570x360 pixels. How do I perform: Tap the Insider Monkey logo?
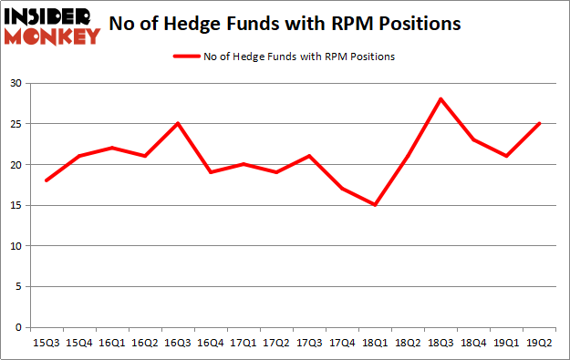(52, 26)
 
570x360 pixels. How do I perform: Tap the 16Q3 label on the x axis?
(177, 344)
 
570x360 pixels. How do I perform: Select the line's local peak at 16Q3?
(177, 124)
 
